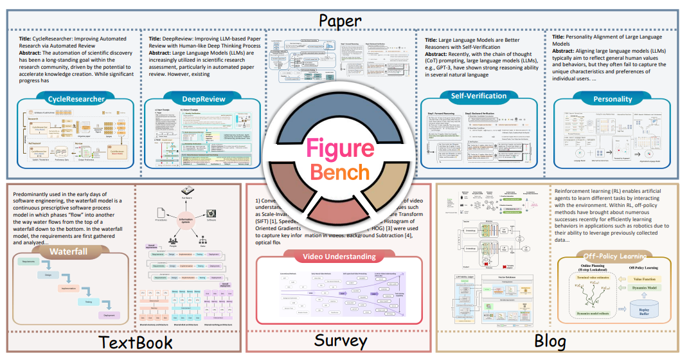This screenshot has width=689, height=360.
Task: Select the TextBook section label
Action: click(136, 341)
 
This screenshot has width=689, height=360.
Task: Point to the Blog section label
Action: click(550, 341)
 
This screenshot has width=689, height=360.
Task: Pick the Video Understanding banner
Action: click(339, 256)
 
